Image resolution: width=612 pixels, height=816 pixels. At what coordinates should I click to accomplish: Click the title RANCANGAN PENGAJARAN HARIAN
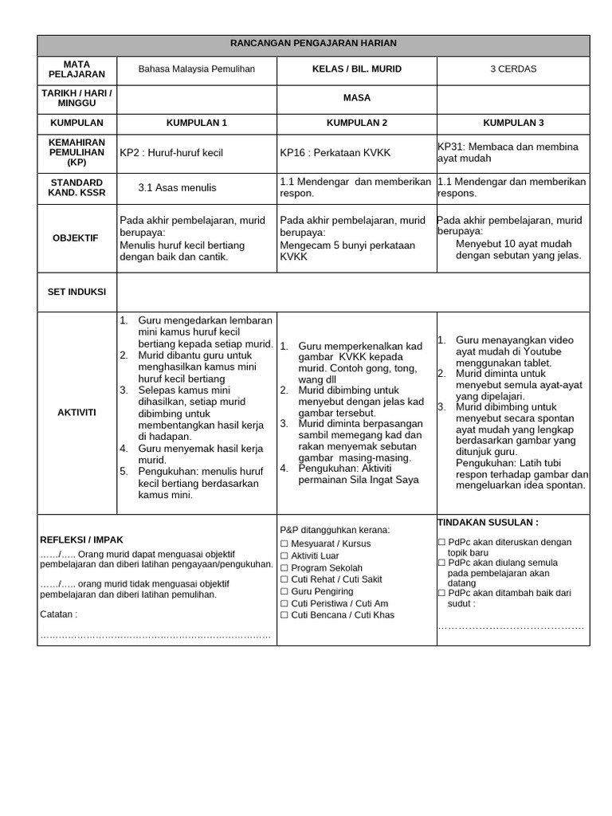(x=312, y=44)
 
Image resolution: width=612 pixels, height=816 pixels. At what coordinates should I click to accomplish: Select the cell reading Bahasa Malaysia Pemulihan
(x=197, y=69)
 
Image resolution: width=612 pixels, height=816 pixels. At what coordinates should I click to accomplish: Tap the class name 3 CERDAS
(x=513, y=69)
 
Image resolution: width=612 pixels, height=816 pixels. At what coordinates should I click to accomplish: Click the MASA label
(x=356, y=98)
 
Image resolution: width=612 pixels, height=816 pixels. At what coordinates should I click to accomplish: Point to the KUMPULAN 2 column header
(x=356, y=124)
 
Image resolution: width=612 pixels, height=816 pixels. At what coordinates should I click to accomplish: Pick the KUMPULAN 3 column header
(x=513, y=124)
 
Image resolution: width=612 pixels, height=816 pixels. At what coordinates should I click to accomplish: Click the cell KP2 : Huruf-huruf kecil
(x=171, y=152)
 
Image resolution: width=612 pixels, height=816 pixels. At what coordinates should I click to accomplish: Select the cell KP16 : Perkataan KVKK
(x=331, y=152)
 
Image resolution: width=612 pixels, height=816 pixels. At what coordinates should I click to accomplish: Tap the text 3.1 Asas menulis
(x=177, y=188)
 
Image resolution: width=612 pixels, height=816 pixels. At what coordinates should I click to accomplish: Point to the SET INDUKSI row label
(x=76, y=292)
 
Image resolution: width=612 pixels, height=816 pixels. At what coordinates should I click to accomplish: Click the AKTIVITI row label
(x=76, y=412)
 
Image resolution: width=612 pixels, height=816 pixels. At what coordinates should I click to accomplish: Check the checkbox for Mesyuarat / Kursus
(x=284, y=544)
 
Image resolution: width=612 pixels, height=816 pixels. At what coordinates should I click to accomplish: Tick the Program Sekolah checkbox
(x=284, y=568)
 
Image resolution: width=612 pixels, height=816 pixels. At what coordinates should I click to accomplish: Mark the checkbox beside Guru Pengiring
(x=284, y=592)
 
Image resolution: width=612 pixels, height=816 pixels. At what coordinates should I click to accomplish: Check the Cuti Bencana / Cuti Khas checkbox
(x=284, y=615)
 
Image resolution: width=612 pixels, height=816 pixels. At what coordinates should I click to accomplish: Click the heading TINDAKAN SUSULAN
(x=488, y=523)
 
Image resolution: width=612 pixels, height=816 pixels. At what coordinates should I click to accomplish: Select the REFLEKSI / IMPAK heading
(x=81, y=539)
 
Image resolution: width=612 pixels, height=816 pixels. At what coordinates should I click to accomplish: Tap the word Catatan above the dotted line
(x=58, y=614)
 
